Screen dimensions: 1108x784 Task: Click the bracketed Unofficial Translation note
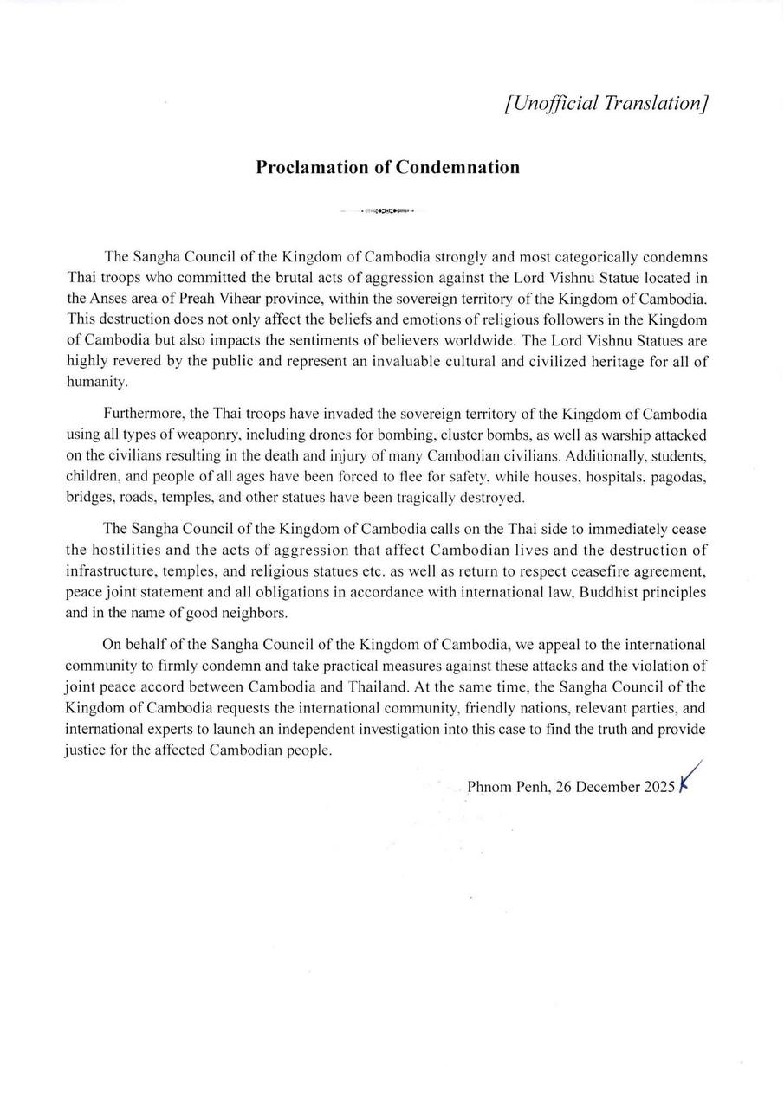(x=606, y=103)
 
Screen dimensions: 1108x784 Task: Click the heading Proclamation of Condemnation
(x=387, y=167)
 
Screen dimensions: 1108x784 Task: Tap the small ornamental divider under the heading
(x=387, y=210)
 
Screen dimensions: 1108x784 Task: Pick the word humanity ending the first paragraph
(x=96, y=381)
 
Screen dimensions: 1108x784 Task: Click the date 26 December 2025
(x=615, y=787)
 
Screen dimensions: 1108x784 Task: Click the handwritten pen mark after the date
(x=690, y=777)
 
